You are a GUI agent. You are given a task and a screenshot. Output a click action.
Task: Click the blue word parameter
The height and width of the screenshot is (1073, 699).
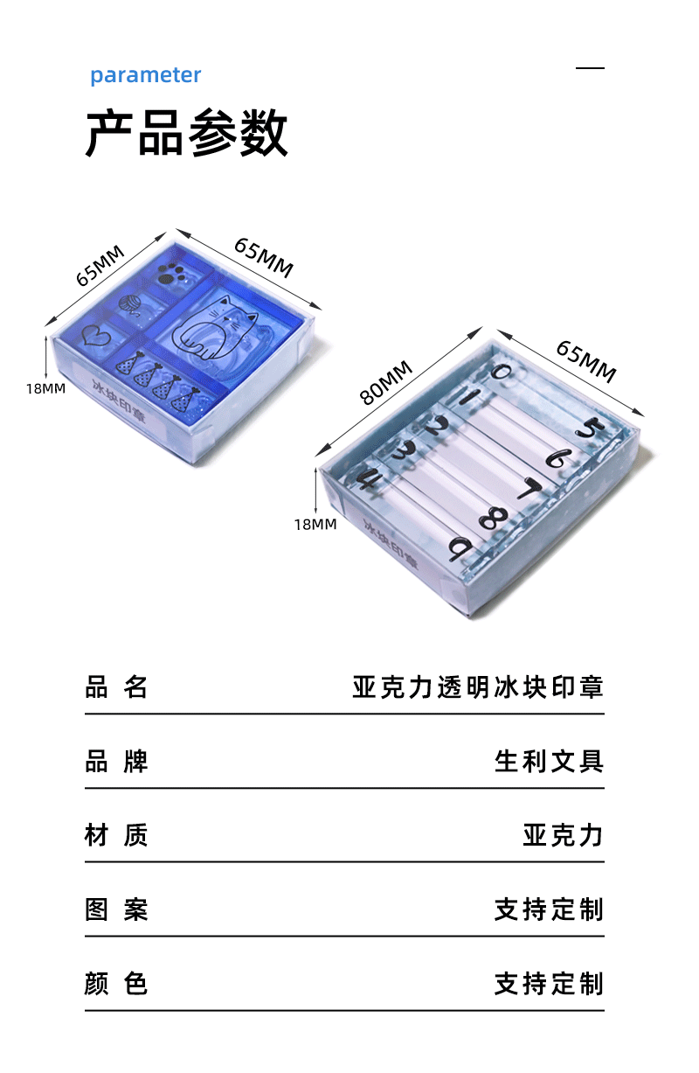146,75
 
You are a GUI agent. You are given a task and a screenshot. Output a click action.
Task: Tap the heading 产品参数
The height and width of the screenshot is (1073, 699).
187,133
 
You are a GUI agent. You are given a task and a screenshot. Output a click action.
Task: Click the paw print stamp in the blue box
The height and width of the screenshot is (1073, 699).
170,274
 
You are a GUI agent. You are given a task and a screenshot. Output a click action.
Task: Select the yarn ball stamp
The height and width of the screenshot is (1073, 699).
129,304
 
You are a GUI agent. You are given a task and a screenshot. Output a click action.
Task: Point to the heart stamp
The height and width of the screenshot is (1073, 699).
96,335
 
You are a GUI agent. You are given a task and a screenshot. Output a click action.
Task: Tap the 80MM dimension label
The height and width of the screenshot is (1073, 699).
386,382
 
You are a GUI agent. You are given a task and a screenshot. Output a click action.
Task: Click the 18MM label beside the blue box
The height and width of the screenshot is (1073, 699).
46,388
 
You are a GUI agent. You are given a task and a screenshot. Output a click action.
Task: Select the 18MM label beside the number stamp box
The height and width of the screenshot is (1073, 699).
315,525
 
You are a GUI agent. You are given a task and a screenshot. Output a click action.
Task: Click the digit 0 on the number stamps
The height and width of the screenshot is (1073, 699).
502,372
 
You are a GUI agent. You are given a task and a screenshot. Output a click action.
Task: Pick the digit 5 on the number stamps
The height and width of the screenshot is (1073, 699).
591,428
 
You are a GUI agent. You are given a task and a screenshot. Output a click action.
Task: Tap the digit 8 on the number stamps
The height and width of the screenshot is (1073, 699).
493,519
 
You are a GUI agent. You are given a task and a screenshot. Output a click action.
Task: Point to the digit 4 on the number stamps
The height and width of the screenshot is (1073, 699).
366,478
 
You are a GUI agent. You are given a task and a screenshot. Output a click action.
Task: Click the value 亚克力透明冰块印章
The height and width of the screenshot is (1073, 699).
478,686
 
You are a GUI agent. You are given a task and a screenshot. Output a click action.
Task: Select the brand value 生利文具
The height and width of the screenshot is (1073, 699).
549,761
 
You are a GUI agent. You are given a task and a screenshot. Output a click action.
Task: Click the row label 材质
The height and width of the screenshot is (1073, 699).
116,835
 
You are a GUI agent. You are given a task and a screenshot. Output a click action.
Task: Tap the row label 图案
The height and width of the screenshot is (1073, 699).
116,909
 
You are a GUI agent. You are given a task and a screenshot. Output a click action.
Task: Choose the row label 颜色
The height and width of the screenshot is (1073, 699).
116,984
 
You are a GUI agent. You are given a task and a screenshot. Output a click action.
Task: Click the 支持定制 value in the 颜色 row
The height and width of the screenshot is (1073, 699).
549,984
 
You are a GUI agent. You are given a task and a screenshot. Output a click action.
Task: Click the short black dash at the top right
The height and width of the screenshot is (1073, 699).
590,68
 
